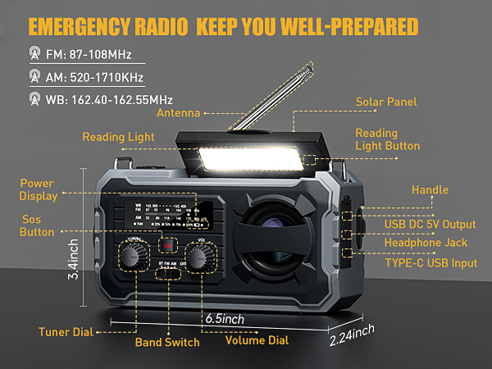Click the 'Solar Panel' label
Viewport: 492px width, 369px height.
coord(386,102)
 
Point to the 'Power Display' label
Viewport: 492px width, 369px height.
coord(38,189)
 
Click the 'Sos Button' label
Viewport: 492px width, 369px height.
coord(36,225)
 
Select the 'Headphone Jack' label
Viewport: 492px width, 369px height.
coord(426,242)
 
